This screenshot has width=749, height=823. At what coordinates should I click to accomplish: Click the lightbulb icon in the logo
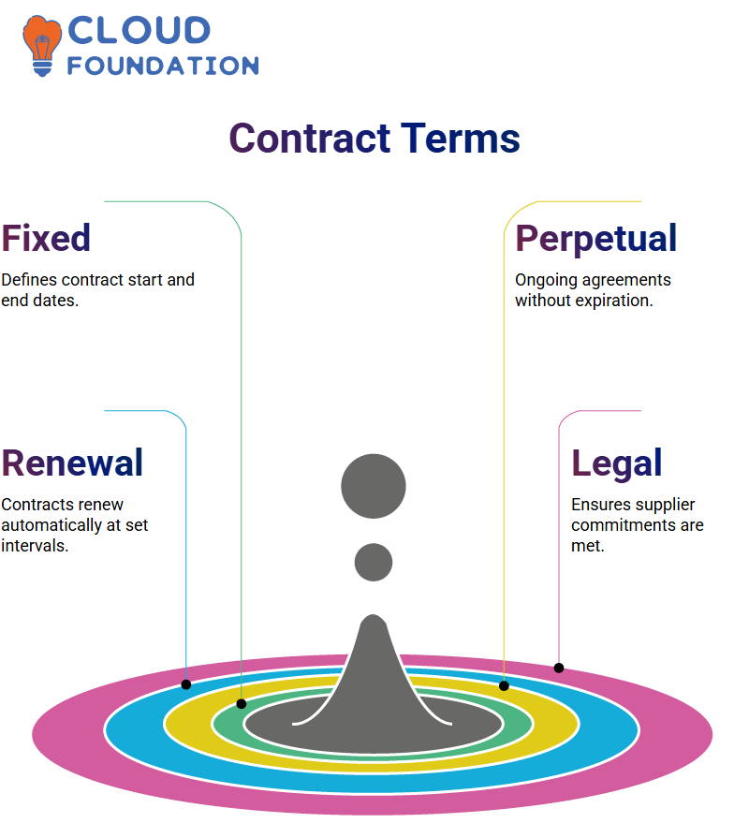pyautogui.click(x=42, y=46)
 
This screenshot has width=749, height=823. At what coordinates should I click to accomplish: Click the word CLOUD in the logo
pyautogui.click(x=140, y=30)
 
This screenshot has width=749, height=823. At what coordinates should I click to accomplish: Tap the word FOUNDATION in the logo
pyautogui.click(x=163, y=66)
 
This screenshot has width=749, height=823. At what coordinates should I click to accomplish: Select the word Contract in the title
pyautogui.click(x=310, y=138)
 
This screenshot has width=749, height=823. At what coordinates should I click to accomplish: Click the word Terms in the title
pyautogui.click(x=461, y=138)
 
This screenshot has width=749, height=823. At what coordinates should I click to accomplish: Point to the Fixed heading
pyautogui.click(x=46, y=238)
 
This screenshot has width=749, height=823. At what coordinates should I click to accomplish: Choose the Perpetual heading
pyautogui.click(x=595, y=240)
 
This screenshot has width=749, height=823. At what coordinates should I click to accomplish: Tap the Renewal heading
pyautogui.click(x=72, y=463)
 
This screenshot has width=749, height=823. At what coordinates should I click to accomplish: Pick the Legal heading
pyautogui.click(x=617, y=464)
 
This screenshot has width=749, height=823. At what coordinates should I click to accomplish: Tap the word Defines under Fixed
pyautogui.click(x=29, y=280)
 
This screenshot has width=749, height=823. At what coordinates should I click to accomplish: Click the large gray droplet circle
pyautogui.click(x=374, y=486)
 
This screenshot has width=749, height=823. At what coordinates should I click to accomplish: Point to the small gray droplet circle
pyautogui.click(x=374, y=562)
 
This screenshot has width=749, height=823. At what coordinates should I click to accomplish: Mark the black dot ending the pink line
pyautogui.click(x=559, y=669)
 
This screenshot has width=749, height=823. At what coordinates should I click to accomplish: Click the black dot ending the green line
pyautogui.click(x=242, y=704)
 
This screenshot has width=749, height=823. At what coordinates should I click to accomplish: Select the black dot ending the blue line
pyautogui.click(x=185, y=684)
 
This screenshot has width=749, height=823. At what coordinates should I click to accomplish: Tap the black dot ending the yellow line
pyautogui.click(x=504, y=685)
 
